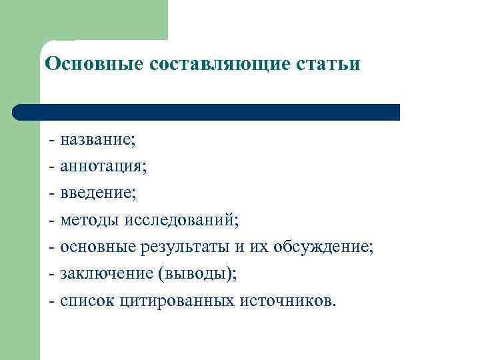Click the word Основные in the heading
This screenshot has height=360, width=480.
click(86, 64)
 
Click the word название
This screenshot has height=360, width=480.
click(97, 140)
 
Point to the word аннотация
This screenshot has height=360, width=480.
click(103, 167)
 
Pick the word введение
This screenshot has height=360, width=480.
click(97, 193)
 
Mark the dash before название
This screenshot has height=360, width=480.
click(51, 141)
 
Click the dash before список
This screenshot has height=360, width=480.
click(51, 301)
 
